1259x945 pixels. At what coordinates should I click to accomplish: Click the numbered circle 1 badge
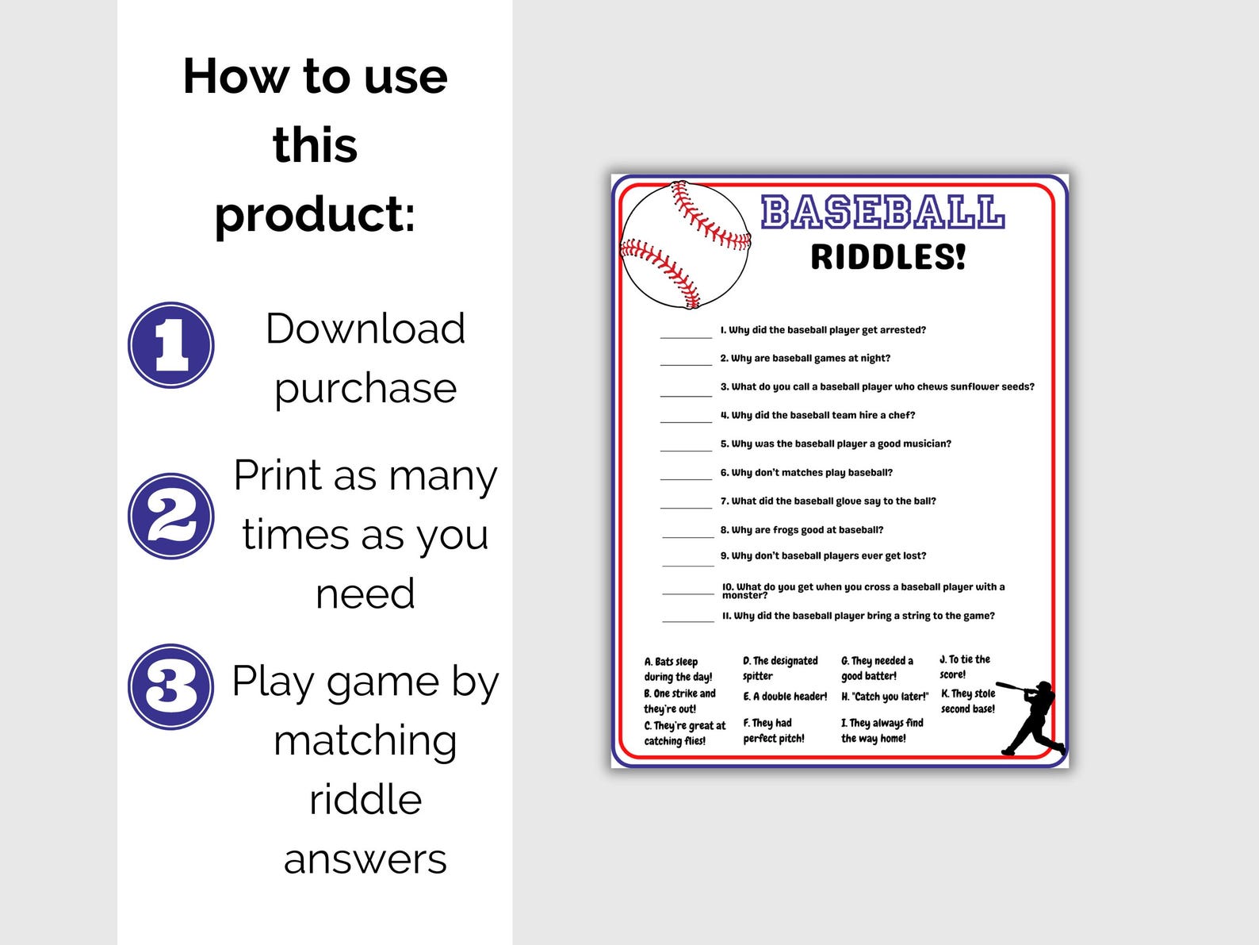click(x=171, y=345)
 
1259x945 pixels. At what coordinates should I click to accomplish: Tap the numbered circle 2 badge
click(x=171, y=516)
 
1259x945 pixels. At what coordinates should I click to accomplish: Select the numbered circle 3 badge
click(x=171, y=686)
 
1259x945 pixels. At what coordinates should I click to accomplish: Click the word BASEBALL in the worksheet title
click(x=882, y=213)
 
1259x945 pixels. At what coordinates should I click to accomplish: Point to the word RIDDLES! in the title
click(x=888, y=257)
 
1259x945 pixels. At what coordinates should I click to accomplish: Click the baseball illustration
click(x=685, y=245)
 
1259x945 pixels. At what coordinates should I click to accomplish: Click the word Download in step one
click(x=365, y=328)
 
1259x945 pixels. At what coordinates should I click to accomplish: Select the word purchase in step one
click(x=365, y=388)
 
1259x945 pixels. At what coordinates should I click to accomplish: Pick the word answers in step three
click(x=365, y=859)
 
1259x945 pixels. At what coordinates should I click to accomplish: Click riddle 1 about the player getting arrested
click(x=823, y=330)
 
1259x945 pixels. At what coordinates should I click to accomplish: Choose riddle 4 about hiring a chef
click(x=817, y=415)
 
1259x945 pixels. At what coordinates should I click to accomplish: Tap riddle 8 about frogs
click(x=802, y=530)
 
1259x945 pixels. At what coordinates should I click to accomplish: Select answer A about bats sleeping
click(x=678, y=669)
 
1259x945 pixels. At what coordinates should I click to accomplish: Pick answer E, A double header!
click(x=785, y=697)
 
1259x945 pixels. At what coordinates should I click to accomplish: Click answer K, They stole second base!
click(x=968, y=701)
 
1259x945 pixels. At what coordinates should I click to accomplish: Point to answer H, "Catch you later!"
click(x=885, y=697)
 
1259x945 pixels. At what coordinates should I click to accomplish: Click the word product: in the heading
click(x=315, y=214)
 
